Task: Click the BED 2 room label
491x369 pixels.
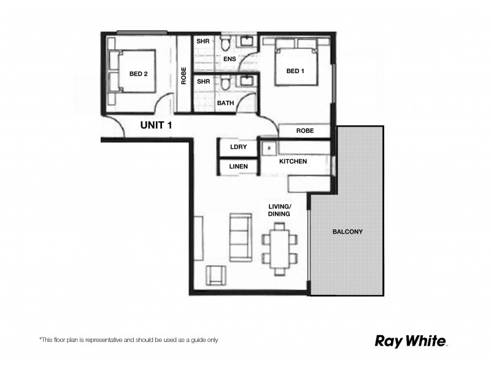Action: [x=138, y=74]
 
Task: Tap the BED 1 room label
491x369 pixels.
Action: [x=295, y=71]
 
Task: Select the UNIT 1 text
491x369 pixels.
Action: [x=157, y=125]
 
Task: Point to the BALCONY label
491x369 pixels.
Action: [x=347, y=232]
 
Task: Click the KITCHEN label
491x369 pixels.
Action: [x=293, y=161]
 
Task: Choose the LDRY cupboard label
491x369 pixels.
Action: [x=238, y=148]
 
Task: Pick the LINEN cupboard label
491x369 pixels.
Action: [x=238, y=166]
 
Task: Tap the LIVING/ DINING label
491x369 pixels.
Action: [x=279, y=210]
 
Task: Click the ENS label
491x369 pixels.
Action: [x=230, y=60]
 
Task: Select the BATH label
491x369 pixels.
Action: [x=225, y=103]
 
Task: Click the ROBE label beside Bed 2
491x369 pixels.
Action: [x=184, y=75]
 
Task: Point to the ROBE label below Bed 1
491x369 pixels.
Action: [x=305, y=131]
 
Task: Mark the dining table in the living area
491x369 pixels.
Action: [x=280, y=248]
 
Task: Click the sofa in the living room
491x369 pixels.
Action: [x=239, y=237]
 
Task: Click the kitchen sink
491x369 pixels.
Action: [x=268, y=148]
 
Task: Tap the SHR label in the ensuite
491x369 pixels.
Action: [x=203, y=41]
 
